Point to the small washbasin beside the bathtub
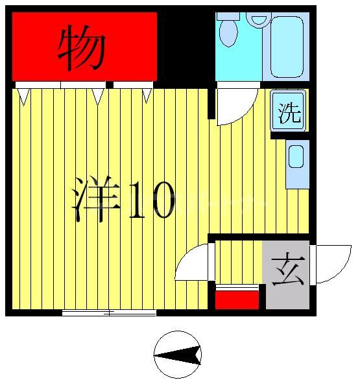tap(259, 19)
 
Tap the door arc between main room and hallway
tap(193, 263)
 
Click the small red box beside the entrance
tap(237, 300)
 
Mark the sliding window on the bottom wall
tap(109, 313)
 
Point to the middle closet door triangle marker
tap(98, 96)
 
